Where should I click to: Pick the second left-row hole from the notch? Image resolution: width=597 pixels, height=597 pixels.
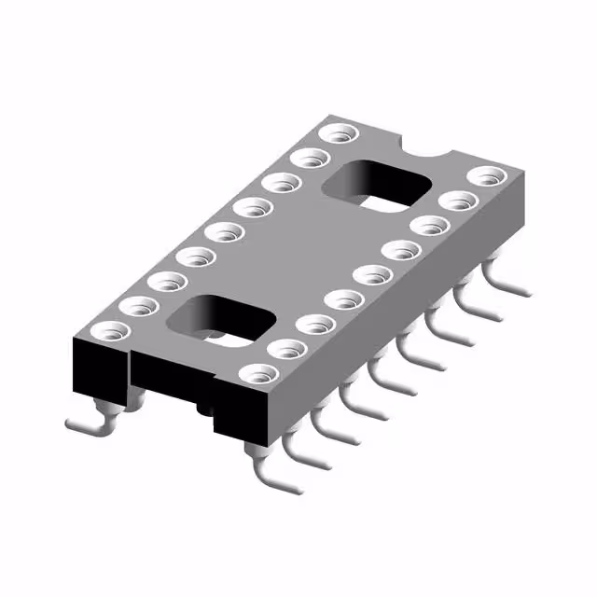coord(304,160)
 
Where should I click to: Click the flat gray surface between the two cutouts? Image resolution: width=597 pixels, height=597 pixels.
coord(298,252)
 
